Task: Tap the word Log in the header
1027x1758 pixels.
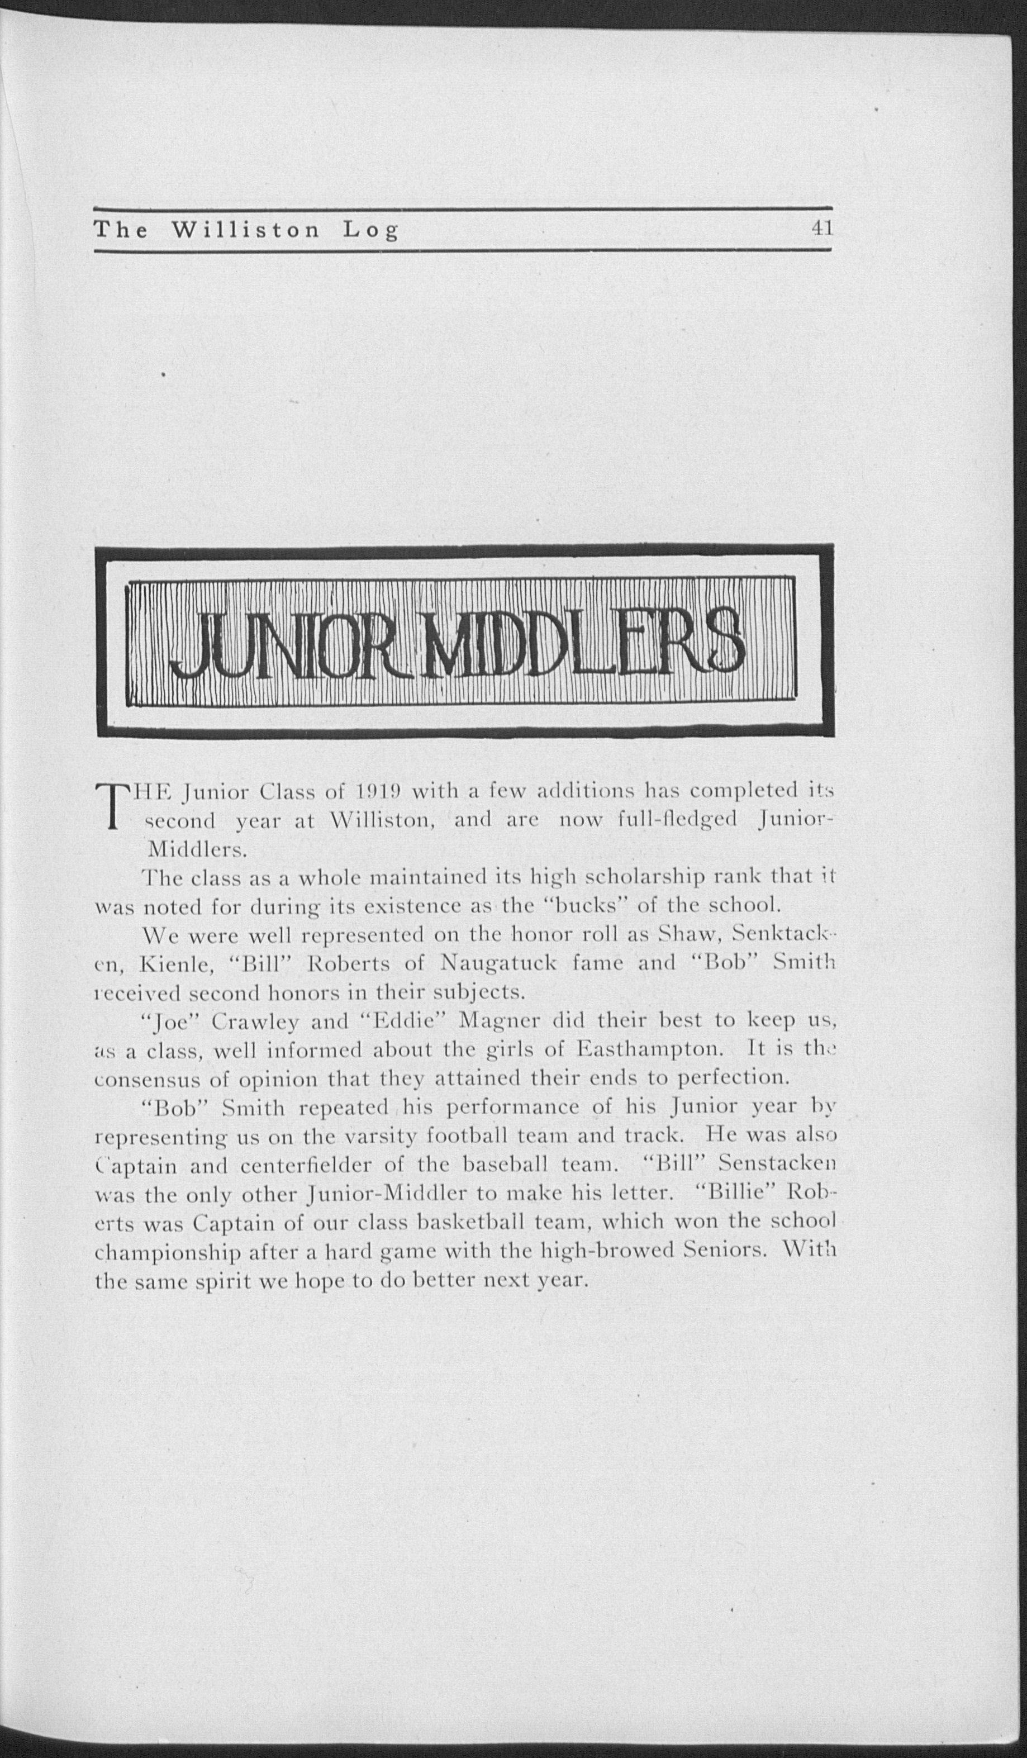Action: click(x=370, y=231)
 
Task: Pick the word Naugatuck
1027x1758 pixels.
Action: click(x=498, y=964)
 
